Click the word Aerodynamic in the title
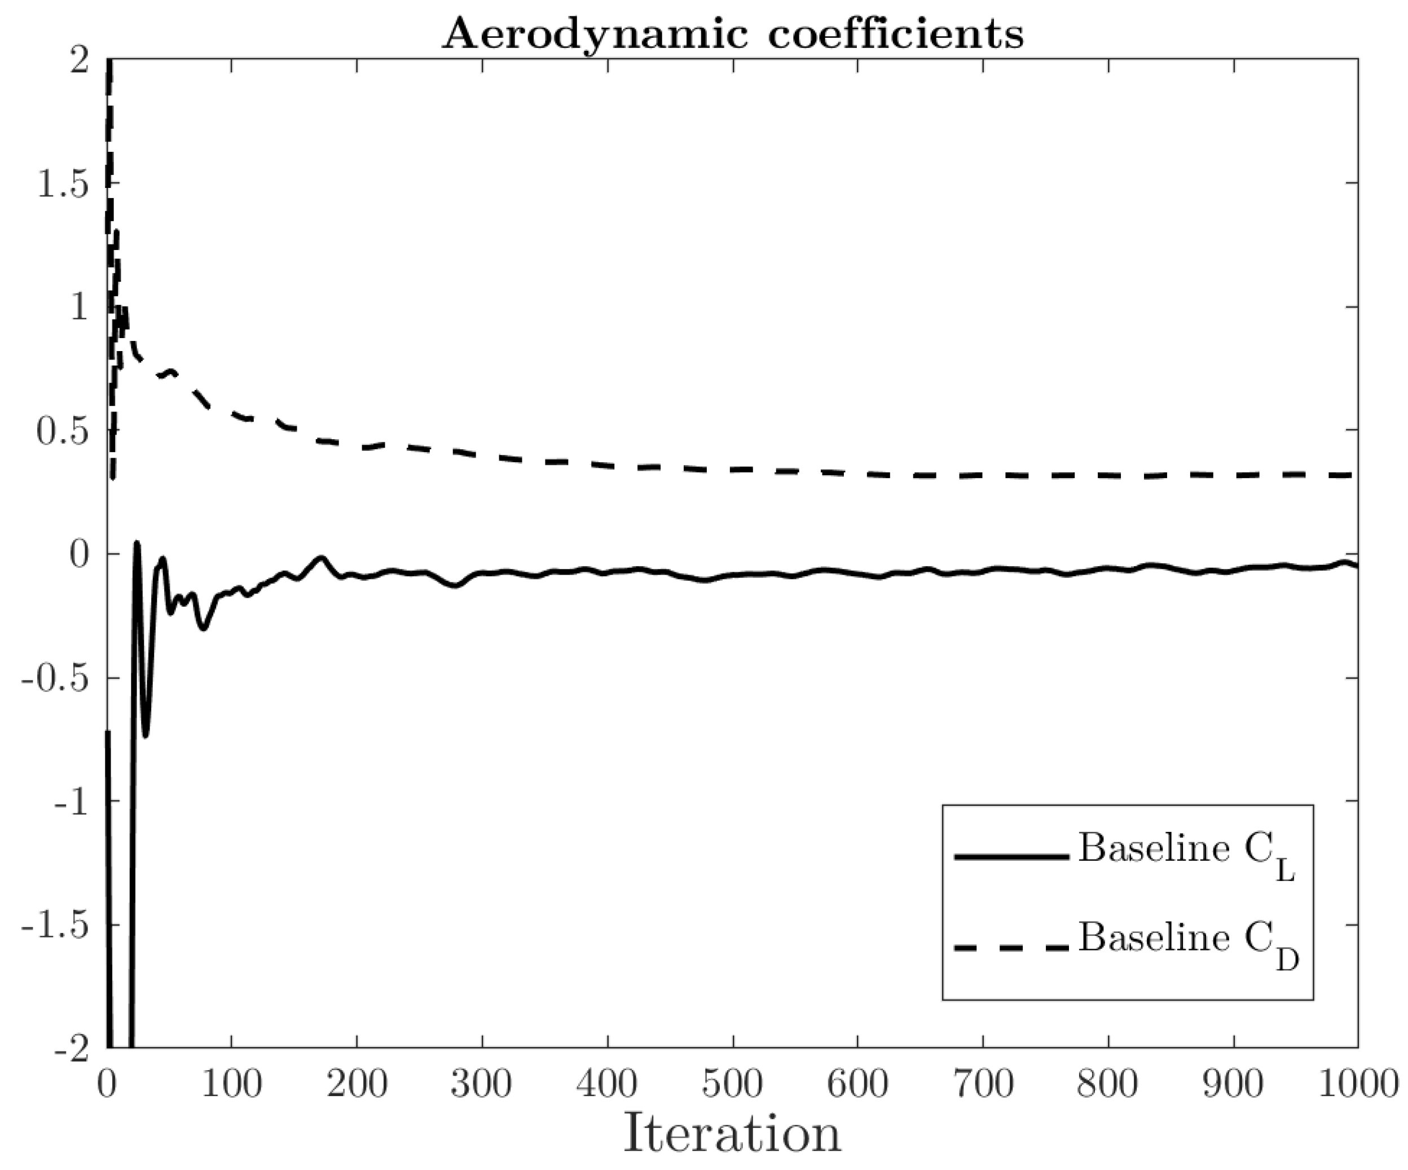point(594,33)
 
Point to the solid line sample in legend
point(1011,856)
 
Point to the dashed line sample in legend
point(1011,946)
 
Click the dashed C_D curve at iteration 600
point(857,474)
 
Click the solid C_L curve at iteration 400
point(608,572)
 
